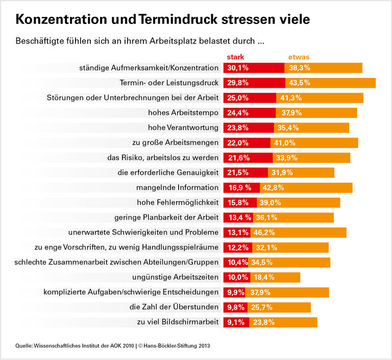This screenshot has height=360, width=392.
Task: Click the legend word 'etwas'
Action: pyautogui.click(x=299, y=57)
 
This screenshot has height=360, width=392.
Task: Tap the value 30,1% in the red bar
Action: pyautogui.click(x=238, y=68)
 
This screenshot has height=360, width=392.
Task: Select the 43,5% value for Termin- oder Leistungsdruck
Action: pyautogui.click(x=300, y=83)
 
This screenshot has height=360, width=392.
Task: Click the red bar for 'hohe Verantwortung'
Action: pyautogui.click(x=248, y=128)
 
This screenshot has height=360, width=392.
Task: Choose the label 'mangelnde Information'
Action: pyautogui.click(x=177, y=187)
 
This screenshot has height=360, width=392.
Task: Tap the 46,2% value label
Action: pyautogui.click(x=264, y=232)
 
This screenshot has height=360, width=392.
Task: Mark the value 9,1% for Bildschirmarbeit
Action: pyautogui.click(x=235, y=322)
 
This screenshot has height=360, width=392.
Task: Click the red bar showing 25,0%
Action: pyautogui.click(x=249, y=98)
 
